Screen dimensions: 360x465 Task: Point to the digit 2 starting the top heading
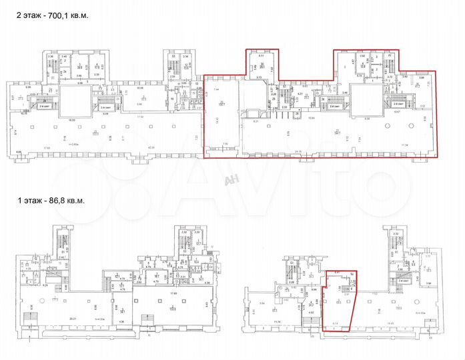9,15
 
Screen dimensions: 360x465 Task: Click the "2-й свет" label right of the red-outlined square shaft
398,105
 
